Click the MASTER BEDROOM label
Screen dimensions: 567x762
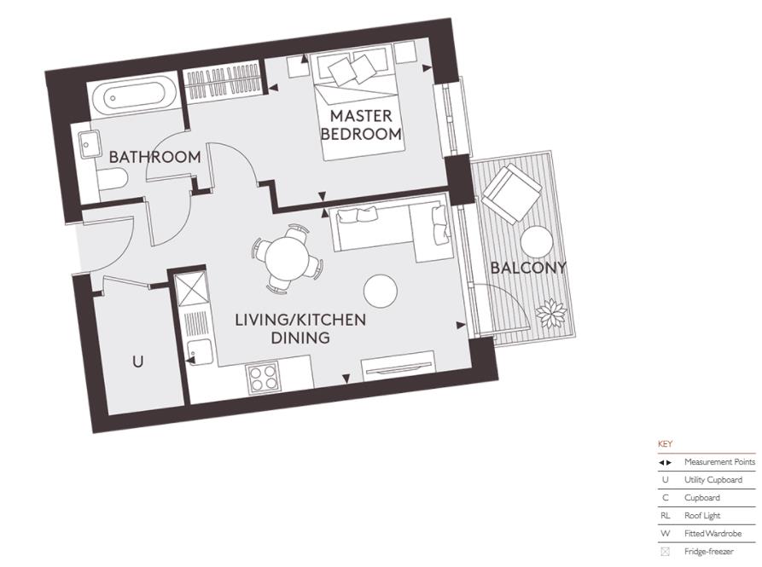361,124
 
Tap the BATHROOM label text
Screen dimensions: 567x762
154,158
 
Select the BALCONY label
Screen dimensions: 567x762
528,268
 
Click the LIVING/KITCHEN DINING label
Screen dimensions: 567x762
300,329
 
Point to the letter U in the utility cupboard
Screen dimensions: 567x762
137,362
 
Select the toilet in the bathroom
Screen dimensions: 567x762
112,177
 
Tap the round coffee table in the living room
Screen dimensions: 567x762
381,292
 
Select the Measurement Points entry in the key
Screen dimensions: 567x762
718,462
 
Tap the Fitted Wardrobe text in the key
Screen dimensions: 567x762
713,534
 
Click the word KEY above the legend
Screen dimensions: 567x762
665,444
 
